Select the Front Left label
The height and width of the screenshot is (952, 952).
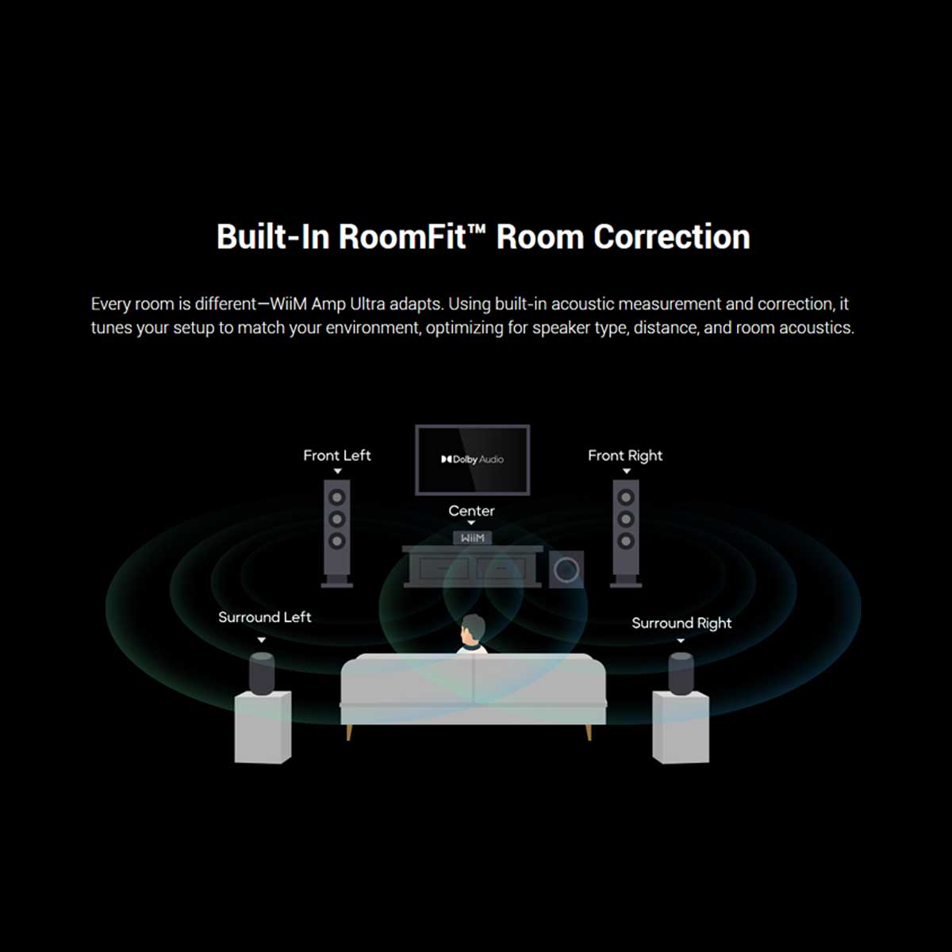click(337, 455)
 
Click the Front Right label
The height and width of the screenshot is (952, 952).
click(625, 455)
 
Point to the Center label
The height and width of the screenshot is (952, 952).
click(471, 511)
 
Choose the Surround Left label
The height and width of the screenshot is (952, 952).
click(265, 617)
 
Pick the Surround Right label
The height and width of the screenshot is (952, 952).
click(681, 624)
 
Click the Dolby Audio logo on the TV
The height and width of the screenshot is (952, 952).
click(472, 459)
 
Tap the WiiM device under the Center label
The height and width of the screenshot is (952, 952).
click(472, 538)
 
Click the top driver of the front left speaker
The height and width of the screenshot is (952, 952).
click(337, 497)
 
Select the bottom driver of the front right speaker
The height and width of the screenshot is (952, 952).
click(626, 541)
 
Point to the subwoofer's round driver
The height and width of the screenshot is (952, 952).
click(566, 570)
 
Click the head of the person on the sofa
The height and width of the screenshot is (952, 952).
click(472, 628)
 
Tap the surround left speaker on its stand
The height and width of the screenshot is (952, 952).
click(261, 674)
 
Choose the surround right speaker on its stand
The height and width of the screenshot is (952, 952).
click(681, 674)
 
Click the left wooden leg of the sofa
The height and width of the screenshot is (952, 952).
click(349, 732)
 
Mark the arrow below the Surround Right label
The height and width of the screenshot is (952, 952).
click(681, 641)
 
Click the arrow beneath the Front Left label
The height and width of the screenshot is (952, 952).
click(337, 471)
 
